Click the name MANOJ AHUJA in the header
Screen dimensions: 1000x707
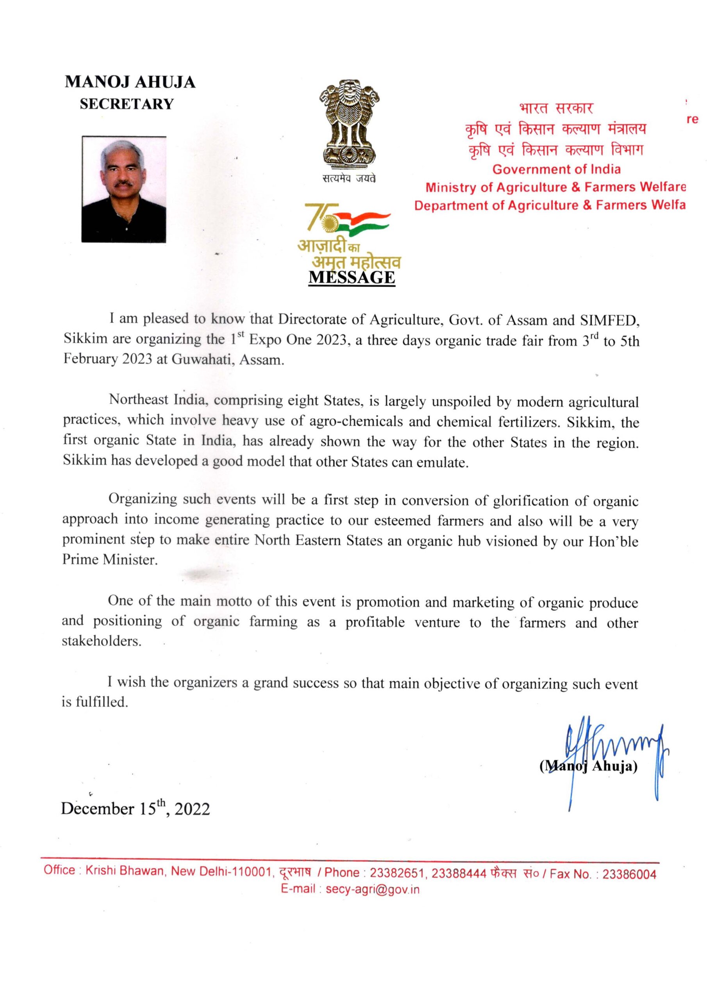click(130, 82)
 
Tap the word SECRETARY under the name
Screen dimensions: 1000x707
click(126, 104)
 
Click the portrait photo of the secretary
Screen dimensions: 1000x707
click(124, 189)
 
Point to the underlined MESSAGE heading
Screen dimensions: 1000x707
click(351, 277)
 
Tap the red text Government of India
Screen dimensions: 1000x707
click(556, 169)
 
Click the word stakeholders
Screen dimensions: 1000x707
click(102, 641)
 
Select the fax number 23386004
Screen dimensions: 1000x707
click(629, 874)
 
